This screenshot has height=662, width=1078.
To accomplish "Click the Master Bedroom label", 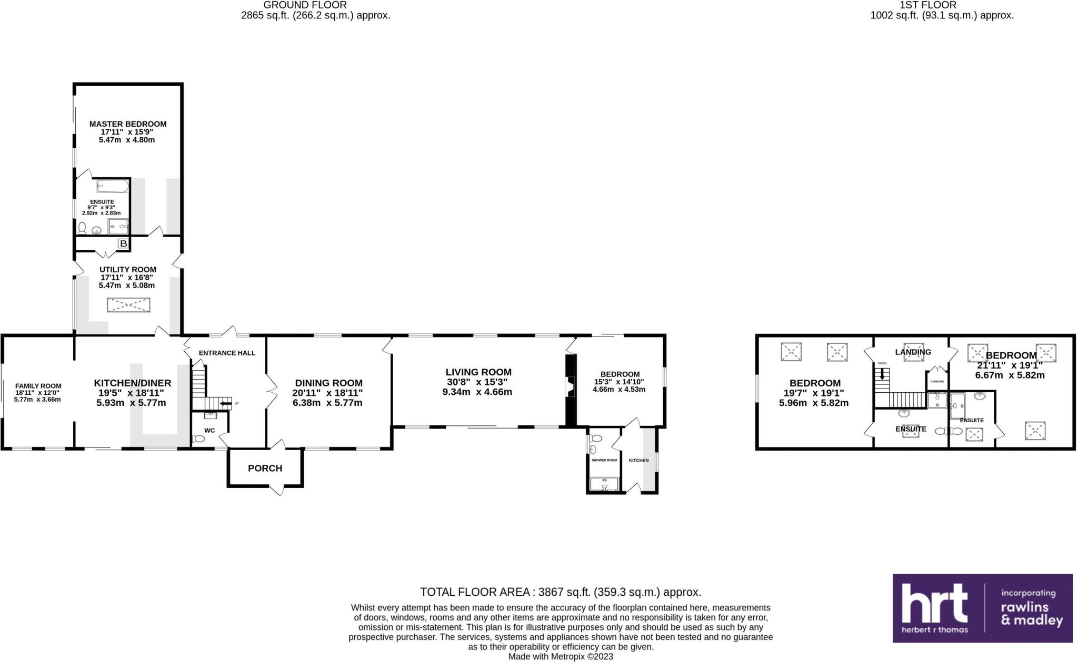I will point(127,124).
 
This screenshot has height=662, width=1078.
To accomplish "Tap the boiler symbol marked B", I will point(123,243).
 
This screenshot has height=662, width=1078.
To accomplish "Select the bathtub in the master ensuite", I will point(112,186).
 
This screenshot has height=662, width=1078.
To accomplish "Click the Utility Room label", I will point(128,269).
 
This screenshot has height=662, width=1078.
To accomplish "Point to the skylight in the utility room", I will point(128,305).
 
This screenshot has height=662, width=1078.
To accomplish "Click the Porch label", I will point(265,468).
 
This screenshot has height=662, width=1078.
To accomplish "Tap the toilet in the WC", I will point(198,439).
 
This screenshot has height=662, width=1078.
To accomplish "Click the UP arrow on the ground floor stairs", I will point(226,404).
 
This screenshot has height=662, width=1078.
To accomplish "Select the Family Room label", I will point(38,386).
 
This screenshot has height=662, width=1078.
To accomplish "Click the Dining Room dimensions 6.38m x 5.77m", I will point(328,403).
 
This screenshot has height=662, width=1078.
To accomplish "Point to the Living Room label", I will point(478,372).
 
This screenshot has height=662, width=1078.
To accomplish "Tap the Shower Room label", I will point(604,460).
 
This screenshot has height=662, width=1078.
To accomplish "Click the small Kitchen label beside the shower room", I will point(638,460).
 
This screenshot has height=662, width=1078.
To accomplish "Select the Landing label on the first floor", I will point(913,352).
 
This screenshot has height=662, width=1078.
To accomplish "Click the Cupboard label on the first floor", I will point(937,381).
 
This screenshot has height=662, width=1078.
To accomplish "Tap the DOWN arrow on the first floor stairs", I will point(882,374).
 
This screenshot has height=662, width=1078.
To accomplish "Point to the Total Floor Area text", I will point(561,592).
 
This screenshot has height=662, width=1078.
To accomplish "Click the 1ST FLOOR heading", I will point(942,5).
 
